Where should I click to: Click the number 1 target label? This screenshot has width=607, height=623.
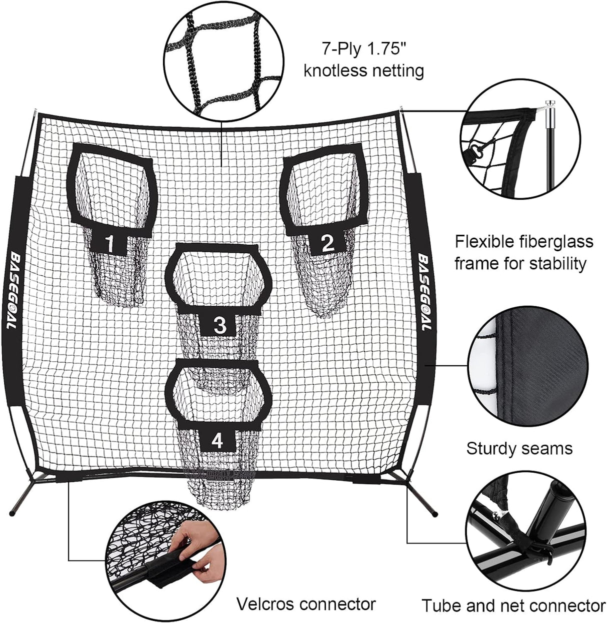pyautogui.click(x=110, y=244)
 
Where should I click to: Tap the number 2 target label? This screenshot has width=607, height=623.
pyautogui.click(x=327, y=243)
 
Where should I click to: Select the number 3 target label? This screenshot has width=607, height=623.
pyautogui.click(x=219, y=325)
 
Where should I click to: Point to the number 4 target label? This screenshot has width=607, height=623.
pyautogui.click(x=217, y=441)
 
